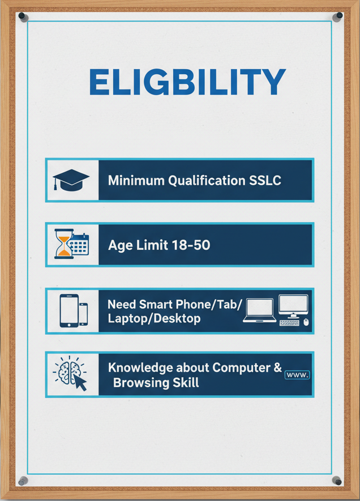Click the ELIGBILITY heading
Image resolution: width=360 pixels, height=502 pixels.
tap(187, 82)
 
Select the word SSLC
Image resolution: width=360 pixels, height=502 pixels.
tap(265, 181)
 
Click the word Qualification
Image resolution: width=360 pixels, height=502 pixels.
tap(207, 181)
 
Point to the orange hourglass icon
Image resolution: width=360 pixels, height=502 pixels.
tap(63, 244)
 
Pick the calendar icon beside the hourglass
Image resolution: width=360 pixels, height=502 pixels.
tap(79, 244)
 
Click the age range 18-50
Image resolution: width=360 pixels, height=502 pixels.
tap(191, 245)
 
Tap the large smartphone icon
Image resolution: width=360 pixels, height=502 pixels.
tap(69, 310)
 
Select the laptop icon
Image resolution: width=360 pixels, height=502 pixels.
tap(260, 310)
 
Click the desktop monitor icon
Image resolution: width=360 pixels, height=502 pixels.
tap(293, 306)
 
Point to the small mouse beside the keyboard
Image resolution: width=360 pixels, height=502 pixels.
tap(306, 322)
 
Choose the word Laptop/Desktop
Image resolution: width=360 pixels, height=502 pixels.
tap(154, 318)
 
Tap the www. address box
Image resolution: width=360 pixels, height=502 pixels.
tap(297, 375)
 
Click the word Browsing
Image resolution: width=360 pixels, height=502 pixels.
tap(142, 383)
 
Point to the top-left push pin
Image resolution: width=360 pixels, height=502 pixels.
tap(23, 16)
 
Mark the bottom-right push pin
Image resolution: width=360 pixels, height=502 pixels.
tap(337, 480)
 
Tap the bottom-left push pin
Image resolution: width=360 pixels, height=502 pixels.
tap(23, 480)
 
